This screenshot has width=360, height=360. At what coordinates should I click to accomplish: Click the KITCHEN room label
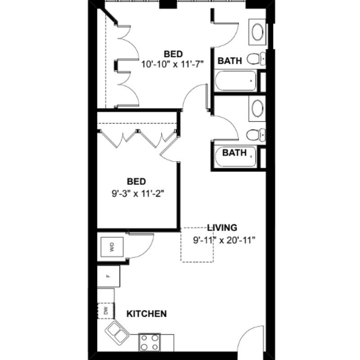(147, 314)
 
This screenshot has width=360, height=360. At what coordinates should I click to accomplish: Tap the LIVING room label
(222, 228)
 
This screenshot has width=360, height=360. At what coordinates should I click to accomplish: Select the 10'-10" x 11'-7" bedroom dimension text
(172, 64)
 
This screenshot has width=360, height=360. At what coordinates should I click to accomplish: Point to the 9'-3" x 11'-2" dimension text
(138, 194)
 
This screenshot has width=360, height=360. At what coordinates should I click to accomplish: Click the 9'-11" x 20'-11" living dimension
(224, 240)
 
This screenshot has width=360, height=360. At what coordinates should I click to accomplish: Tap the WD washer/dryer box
(112, 247)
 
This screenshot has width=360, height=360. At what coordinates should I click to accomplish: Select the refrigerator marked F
(108, 276)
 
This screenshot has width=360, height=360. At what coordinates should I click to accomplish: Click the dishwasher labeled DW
(106, 310)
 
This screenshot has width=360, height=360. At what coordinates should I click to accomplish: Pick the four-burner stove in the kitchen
(149, 342)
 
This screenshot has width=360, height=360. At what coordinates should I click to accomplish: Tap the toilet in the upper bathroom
(256, 59)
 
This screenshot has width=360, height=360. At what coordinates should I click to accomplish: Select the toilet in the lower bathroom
(256, 135)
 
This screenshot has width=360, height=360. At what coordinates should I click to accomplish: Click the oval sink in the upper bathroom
(257, 32)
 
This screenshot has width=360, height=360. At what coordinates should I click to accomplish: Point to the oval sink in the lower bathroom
(257, 108)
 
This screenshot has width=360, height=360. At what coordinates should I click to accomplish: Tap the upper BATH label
(230, 61)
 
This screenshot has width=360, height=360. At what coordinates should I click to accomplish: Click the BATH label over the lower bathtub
(234, 153)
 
